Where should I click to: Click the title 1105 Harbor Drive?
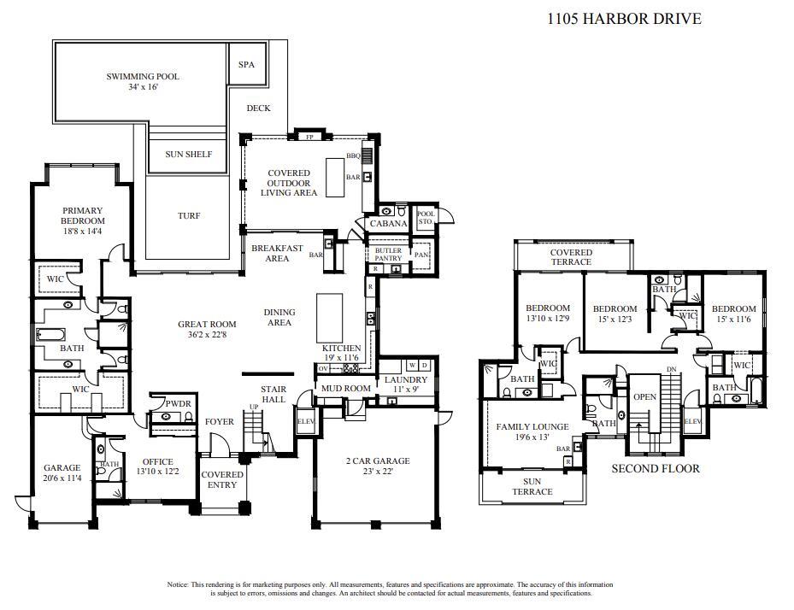point(624,18)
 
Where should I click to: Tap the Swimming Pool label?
point(143,77)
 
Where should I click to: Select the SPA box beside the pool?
point(246,65)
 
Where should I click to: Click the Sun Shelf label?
point(188,155)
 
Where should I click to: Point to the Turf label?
point(188,216)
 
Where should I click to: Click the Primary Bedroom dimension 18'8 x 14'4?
point(82,232)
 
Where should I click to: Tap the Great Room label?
point(206,325)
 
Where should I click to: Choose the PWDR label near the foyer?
point(178,403)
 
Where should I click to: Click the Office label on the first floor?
point(157,461)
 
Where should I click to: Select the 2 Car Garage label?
point(377,461)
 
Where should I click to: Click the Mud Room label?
point(345,389)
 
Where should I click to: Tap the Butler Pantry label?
point(388,255)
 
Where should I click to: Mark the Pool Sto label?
point(425,218)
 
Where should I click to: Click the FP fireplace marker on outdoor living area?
point(310,137)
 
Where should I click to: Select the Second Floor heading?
point(656,468)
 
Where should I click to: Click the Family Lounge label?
point(532,426)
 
